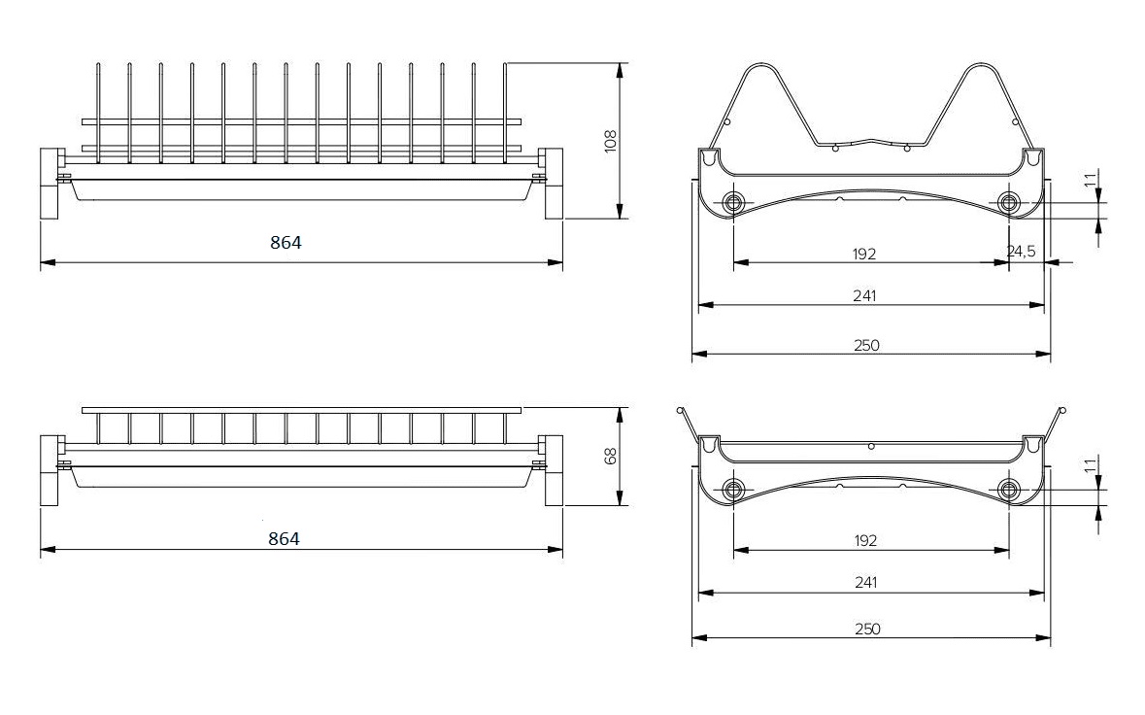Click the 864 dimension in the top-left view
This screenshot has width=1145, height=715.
point(286,243)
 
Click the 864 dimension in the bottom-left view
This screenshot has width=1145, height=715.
point(284,539)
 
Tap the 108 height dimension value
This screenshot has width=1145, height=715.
point(611,141)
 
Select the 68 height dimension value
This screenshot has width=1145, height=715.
point(611,456)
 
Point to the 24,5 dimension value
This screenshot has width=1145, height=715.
point(1021,252)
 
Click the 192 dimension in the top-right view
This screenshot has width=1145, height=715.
point(864,255)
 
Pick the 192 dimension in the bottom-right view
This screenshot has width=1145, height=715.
point(865,541)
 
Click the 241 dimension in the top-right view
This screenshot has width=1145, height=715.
point(864,295)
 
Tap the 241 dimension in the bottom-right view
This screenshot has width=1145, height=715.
point(866,583)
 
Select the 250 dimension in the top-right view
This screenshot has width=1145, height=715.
point(867,346)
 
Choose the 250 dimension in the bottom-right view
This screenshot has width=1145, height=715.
point(867,629)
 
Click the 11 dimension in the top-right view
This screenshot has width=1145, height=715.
point(1091,180)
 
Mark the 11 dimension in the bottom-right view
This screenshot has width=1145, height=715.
point(1091,465)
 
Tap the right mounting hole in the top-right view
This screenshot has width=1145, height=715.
point(1009,203)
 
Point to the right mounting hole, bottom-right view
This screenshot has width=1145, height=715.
point(1009,490)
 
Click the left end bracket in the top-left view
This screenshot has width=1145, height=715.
point(51,184)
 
